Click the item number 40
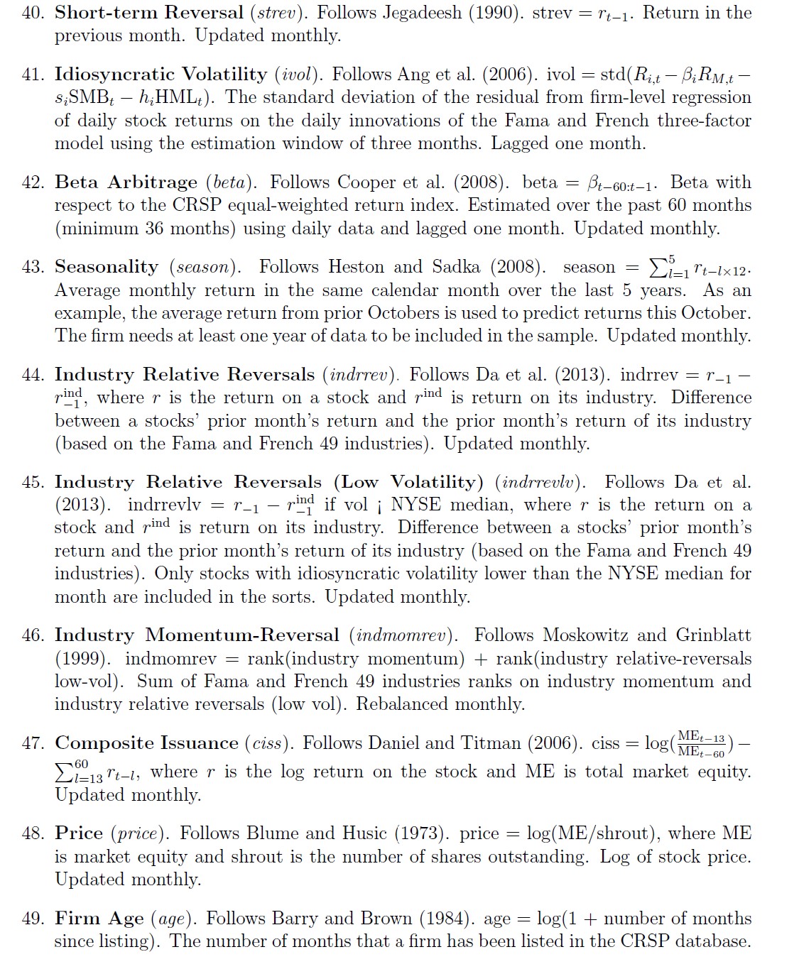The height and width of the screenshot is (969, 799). coord(32,13)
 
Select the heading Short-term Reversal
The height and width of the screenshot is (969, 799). coord(149,13)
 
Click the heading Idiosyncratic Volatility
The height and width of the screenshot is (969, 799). coord(161,74)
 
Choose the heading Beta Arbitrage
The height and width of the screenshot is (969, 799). coord(126,182)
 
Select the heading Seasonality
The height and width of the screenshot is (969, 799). coord(107,267)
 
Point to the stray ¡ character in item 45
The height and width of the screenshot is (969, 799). coord(380,505)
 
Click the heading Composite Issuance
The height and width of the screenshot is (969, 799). coord(146,743)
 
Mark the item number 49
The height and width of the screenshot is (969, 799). coord(32,919)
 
